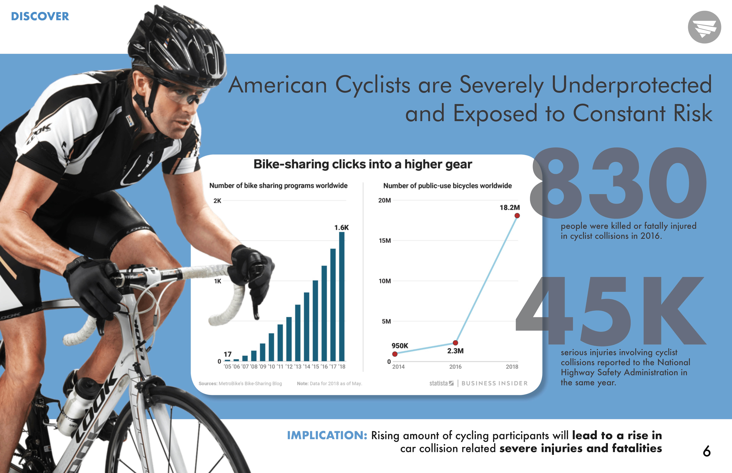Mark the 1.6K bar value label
pos(341,228)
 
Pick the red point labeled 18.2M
pos(517,216)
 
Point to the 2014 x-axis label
pos(398,367)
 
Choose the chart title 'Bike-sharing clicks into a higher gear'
pos(363,164)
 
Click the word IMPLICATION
pos(327,436)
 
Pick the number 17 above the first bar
pos(228,354)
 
